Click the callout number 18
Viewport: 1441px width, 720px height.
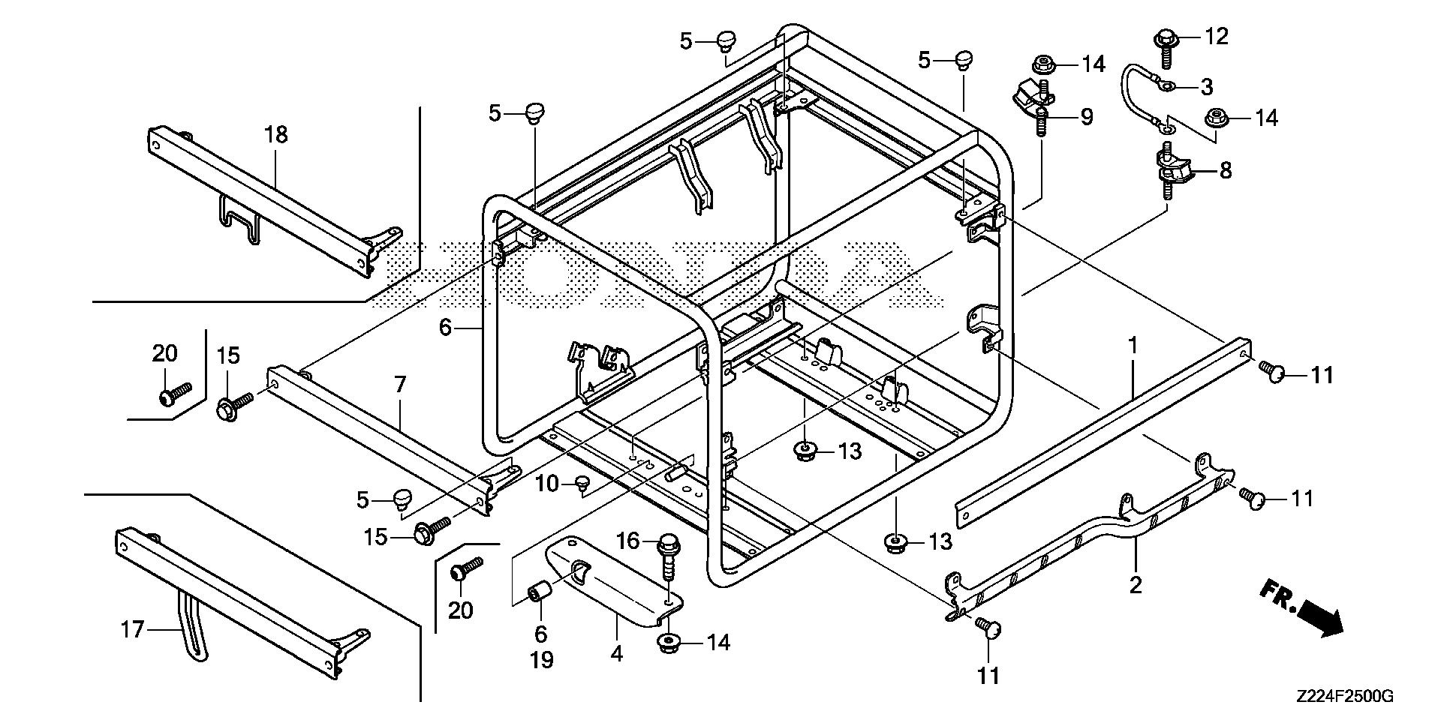click(x=275, y=135)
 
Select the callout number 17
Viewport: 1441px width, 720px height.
click(x=132, y=629)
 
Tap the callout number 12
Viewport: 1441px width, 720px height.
click(x=1217, y=36)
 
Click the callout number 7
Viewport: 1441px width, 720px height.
click(x=400, y=385)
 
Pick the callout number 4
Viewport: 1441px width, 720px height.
click(x=616, y=654)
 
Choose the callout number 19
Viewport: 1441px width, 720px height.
click(x=541, y=660)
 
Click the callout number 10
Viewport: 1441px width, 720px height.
click(x=547, y=484)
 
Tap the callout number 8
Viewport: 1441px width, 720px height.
click(x=1225, y=171)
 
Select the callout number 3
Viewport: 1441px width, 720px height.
click(x=1206, y=87)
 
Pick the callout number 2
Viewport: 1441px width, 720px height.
click(x=1135, y=584)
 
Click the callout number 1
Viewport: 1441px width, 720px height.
click(x=1133, y=346)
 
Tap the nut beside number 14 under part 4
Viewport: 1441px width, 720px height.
click(x=667, y=644)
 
